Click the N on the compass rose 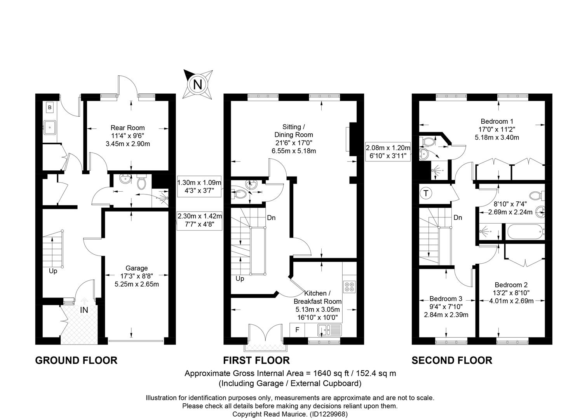pyautogui.click(x=198, y=84)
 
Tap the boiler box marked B pyautogui.click(x=50, y=107)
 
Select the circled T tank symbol pyautogui.click(x=426, y=193)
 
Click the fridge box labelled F pyautogui.click(x=297, y=330)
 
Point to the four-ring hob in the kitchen pyautogui.click(x=350, y=287)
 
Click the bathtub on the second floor pyautogui.click(x=525, y=232)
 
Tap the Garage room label pyautogui.click(x=137, y=268)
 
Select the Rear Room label pyautogui.click(x=128, y=128)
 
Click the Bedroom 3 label pyautogui.click(x=446, y=299)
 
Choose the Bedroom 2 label pyautogui.click(x=511, y=285)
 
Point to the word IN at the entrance pyautogui.click(x=84, y=310)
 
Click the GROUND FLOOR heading pyautogui.click(x=77, y=360)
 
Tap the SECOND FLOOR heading pyautogui.click(x=452, y=360)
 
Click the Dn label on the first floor pyautogui.click(x=271, y=218)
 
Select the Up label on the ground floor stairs pyautogui.click(x=53, y=271)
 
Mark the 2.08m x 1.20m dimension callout pyautogui.click(x=388, y=152)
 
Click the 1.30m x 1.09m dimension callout pyautogui.click(x=199, y=187)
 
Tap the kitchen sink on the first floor pyautogui.click(x=329, y=330)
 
